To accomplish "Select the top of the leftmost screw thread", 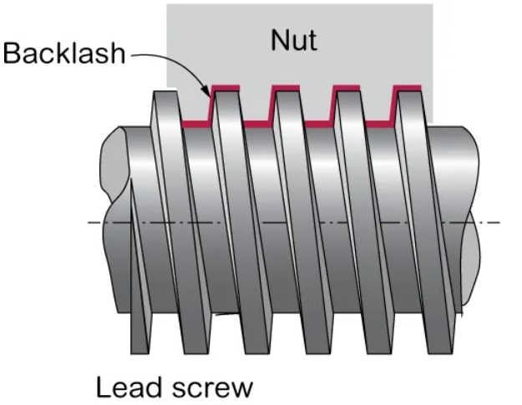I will click(164, 90).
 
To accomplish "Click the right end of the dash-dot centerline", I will click(499, 222).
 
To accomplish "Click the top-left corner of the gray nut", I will click(168, 4).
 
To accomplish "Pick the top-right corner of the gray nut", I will click(433, 4).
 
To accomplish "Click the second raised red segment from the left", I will click(285, 87).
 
